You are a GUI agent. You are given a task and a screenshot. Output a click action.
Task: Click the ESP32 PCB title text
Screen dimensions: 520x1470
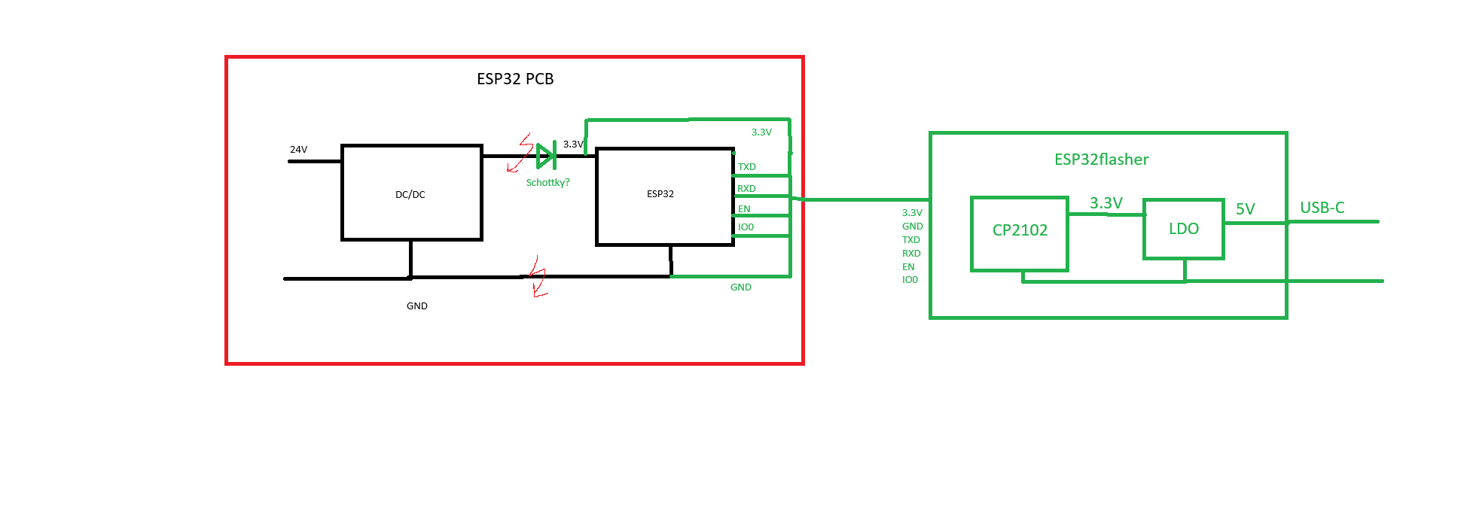[x=515, y=79]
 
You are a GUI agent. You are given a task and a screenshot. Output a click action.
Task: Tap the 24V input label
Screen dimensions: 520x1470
[x=298, y=150]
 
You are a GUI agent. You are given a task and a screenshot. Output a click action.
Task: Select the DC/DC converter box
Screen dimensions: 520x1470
[x=411, y=193]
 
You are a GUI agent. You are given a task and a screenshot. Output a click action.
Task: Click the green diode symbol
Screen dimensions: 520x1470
[x=546, y=157]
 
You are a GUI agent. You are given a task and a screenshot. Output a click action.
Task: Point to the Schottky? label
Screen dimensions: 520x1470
[x=547, y=183]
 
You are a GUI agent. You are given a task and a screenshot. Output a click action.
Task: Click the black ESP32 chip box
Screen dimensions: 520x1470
[x=664, y=196]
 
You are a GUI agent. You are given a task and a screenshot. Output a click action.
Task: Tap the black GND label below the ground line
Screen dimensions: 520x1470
[x=416, y=306]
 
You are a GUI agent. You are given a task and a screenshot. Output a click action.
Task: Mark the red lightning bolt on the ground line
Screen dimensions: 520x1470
[x=537, y=277]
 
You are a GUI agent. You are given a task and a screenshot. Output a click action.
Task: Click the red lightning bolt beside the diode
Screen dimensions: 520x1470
[x=520, y=154]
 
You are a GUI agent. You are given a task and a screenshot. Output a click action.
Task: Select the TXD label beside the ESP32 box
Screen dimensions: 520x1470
[x=746, y=167]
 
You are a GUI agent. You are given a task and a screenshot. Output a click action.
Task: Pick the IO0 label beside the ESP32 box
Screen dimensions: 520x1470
[x=746, y=227]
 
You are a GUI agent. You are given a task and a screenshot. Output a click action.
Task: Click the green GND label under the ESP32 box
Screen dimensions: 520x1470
[x=740, y=287]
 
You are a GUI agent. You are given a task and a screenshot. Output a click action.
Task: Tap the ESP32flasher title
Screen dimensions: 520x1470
[x=1101, y=160]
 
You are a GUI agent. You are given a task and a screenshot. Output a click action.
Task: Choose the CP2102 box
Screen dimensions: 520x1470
[x=1020, y=231]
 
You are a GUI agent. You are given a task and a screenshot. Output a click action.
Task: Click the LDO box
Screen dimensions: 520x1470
[x=1183, y=229]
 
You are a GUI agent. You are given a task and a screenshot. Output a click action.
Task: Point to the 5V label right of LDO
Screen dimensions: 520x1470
[x=1245, y=209]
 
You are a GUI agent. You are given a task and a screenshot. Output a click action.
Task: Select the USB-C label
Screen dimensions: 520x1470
[x=1322, y=208]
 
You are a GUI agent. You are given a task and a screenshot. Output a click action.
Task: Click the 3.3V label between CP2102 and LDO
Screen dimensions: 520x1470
[x=1106, y=203]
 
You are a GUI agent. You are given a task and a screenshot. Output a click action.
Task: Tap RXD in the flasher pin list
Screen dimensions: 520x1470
[x=911, y=254]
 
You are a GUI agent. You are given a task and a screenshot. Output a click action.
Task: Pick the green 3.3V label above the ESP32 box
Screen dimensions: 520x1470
[x=761, y=132]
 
